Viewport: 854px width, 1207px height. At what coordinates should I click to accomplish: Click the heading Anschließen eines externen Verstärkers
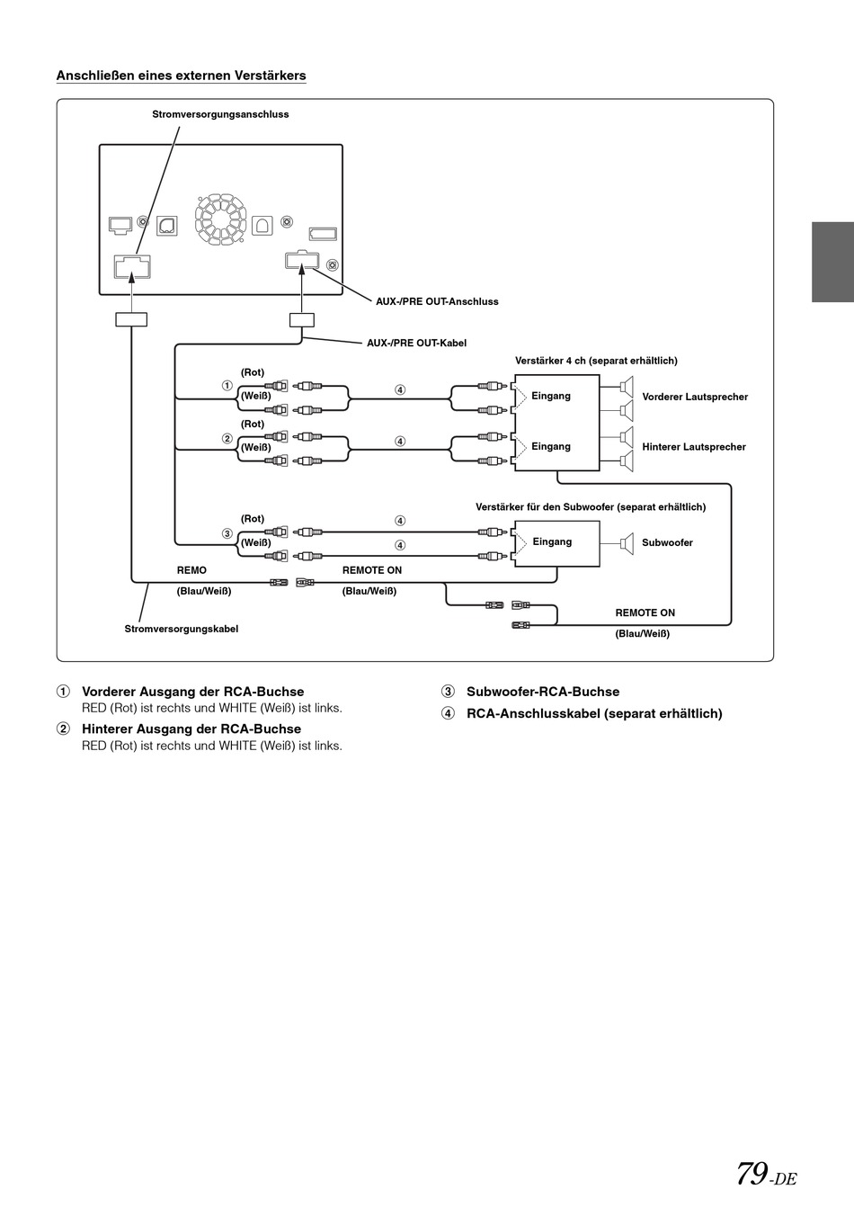pos(181,76)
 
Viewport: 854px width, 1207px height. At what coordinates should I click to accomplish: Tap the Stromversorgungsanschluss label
pos(220,114)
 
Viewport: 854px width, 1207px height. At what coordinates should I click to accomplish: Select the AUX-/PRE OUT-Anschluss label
pos(437,302)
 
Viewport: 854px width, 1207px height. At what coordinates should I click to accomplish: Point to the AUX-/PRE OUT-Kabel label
pos(417,343)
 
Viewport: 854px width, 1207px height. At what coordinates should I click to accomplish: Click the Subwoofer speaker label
pos(667,542)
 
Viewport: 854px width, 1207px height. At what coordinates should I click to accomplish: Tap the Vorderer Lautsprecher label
pos(695,398)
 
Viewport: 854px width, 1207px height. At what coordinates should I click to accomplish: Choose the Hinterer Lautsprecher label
pos(694,447)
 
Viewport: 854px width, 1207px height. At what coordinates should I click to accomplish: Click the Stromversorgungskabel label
pos(182,629)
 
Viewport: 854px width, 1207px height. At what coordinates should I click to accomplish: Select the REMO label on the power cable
pos(191,570)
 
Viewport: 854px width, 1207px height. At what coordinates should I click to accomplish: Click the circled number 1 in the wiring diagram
pos(227,386)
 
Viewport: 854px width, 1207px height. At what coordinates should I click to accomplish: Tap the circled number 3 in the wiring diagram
pos(227,533)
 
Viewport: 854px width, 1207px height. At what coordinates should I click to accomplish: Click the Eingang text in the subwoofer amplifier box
pos(552,541)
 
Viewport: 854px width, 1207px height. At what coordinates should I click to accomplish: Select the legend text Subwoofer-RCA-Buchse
pos(543,692)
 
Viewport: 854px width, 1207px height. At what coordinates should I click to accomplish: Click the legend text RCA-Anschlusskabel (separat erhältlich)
pos(594,713)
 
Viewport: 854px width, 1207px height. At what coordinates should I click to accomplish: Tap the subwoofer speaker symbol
pos(627,542)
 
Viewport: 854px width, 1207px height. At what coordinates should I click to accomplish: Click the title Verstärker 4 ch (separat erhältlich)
pos(596,361)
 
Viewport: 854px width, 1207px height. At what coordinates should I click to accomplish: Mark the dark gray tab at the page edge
pos(833,262)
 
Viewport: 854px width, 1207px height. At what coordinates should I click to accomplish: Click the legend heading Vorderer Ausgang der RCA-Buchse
pos(192,692)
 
